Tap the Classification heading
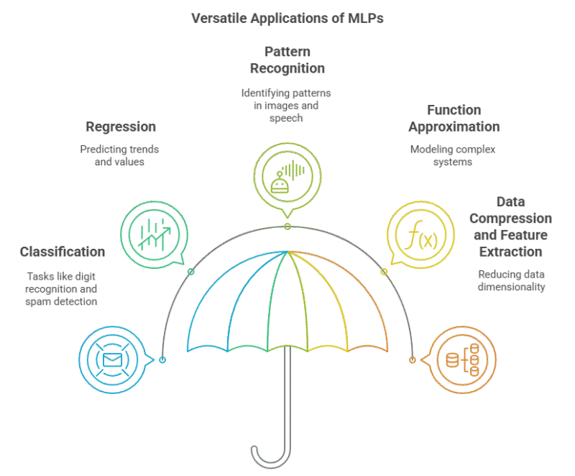63,252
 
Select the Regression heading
121,127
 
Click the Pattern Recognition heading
287,60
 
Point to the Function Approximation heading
454,119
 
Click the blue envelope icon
112,360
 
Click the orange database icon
463,360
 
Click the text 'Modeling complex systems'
454,156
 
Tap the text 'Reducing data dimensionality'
512,280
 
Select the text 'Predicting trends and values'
120,155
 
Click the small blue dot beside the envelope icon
163,360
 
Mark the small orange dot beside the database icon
413,360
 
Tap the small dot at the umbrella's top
287,226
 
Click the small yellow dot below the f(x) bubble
384,272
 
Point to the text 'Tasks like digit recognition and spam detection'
62,289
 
